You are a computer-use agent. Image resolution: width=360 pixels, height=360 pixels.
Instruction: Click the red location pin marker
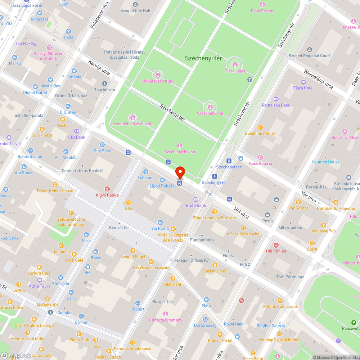(180, 172)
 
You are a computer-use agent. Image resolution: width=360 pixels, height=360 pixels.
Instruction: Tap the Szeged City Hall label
(137, 11)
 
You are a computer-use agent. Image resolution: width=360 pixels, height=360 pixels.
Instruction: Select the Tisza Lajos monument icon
(235, 65)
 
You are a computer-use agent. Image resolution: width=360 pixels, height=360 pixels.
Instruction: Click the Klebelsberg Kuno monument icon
(158, 75)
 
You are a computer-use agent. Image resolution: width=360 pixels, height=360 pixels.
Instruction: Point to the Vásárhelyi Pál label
(210, 113)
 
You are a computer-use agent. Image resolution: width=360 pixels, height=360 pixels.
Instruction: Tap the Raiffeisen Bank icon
(276, 99)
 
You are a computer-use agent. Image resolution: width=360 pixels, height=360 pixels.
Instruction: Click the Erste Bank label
(196, 206)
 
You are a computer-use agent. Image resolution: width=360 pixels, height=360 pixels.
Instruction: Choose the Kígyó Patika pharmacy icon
(107, 189)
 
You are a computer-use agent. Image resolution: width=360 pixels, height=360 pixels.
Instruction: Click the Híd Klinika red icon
(276, 245)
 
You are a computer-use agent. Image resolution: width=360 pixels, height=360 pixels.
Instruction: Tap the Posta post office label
(267, 221)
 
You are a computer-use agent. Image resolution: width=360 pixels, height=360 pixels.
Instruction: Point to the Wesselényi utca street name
(318, 79)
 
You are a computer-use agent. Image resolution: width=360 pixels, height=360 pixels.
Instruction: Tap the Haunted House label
(325, 162)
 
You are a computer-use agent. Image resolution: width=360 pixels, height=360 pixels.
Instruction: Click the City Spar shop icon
(102, 145)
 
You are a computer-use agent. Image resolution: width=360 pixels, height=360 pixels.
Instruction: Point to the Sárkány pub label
(215, 271)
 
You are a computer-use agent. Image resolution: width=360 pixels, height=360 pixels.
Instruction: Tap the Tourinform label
(104, 90)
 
